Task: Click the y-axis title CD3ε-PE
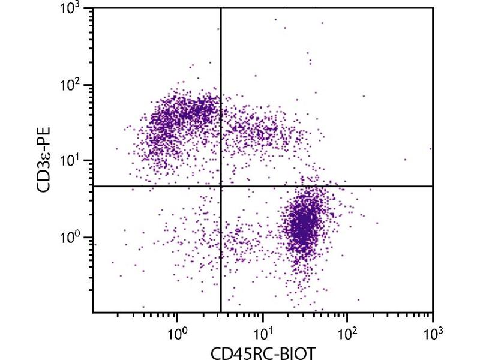(44, 160)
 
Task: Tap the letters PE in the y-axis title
(44, 135)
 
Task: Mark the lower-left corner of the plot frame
(93, 313)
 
